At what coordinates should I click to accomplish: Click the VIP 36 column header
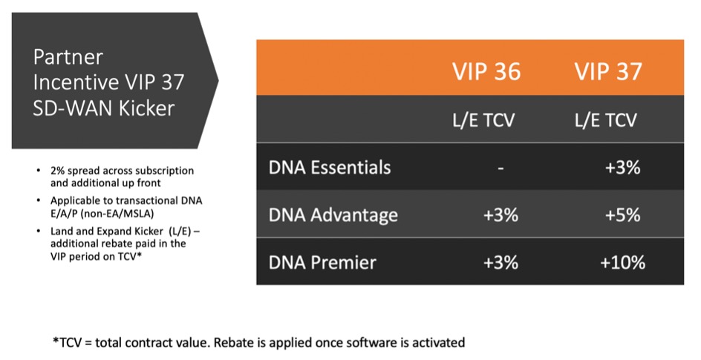(x=486, y=71)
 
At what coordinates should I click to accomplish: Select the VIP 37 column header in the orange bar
(x=608, y=71)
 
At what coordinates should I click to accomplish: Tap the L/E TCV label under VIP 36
(x=483, y=120)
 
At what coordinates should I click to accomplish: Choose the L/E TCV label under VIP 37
(x=605, y=120)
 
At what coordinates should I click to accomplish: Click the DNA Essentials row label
(x=330, y=168)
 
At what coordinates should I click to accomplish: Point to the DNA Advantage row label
(x=333, y=215)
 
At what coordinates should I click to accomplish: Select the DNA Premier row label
(x=322, y=262)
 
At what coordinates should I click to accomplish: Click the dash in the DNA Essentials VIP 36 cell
(x=501, y=168)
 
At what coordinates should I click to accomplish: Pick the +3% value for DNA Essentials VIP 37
(x=623, y=168)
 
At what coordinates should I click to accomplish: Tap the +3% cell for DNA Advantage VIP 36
(x=501, y=215)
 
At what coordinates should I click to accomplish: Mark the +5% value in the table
(x=623, y=215)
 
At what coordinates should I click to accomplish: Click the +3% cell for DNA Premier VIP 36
(x=501, y=262)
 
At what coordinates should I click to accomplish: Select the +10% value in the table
(x=623, y=262)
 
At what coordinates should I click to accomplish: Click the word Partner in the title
(x=68, y=57)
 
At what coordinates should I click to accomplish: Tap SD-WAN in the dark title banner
(x=73, y=108)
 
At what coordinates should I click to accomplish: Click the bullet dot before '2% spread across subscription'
(x=39, y=171)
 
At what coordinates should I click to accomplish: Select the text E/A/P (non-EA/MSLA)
(x=102, y=214)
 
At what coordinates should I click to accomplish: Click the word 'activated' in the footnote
(x=438, y=343)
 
